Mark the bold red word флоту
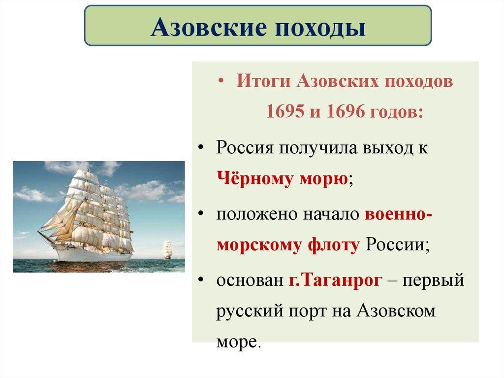pyautogui.click(x=334, y=245)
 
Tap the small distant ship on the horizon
pyautogui.click(x=167, y=248)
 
